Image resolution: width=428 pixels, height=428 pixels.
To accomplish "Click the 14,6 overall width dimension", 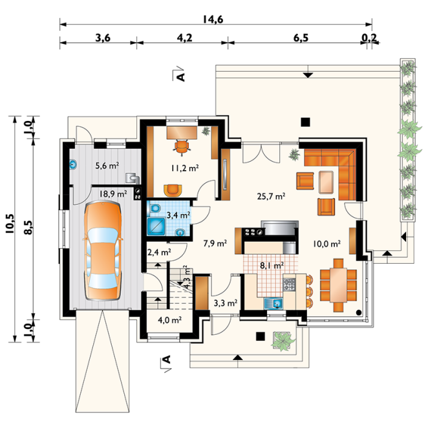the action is pyautogui.click(x=213, y=19).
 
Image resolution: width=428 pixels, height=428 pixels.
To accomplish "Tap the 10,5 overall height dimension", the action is pyautogui.click(x=10, y=224).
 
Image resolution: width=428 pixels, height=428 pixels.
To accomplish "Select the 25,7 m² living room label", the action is pyautogui.click(x=271, y=196).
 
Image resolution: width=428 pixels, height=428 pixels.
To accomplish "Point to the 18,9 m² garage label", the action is pyautogui.click(x=112, y=194).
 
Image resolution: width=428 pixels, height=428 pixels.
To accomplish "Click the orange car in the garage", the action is pyautogui.click(x=103, y=251).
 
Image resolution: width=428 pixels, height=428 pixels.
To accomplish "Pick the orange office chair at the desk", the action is pyautogui.click(x=182, y=147).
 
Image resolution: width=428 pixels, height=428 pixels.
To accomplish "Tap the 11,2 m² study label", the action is pyautogui.click(x=185, y=168).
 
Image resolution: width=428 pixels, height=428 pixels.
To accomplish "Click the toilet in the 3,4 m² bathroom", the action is pyautogui.click(x=155, y=208).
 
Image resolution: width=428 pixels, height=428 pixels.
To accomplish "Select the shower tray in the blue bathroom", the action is pyautogui.click(x=156, y=226).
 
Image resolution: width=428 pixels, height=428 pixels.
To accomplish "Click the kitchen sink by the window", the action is pyautogui.click(x=274, y=303).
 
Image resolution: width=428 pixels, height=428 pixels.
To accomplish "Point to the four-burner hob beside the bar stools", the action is pyautogui.click(x=290, y=284).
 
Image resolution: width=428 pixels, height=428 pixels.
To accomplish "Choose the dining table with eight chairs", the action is pyautogui.click(x=338, y=285).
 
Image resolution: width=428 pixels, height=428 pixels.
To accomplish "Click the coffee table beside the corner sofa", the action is pyautogui.click(x=326, y=182).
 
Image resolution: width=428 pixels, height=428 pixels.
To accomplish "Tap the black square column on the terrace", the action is pyautogui.click(x=305, y=122).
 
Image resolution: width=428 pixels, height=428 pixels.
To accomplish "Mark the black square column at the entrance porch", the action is pyautogui.click(x=261, y=336).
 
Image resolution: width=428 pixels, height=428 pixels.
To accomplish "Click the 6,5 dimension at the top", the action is pyautogui.click(x=301, y=37).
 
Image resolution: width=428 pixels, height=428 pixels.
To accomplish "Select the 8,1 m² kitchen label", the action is pyautogui.click(x=272, y=265).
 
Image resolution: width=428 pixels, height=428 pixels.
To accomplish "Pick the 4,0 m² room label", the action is pyautogui.click(x=170, y=319).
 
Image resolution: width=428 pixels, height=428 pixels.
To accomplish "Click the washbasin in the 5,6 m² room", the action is pyautogui.click(x=73, y=164).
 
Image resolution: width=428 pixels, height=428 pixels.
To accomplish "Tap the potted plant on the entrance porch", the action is pyautogui.click(x=283, y=340).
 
